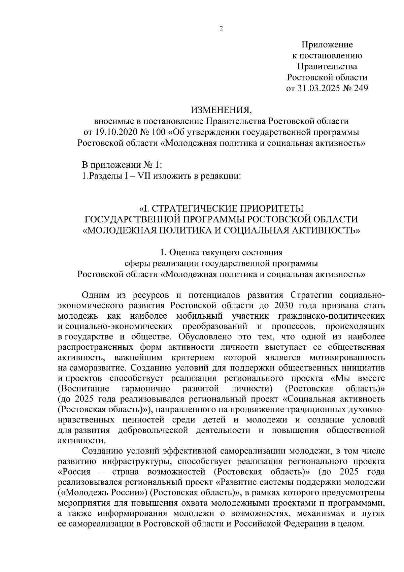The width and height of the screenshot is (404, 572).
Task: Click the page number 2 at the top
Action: pyautogui.click(x=221, y=29)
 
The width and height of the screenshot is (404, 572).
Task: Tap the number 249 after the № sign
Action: pyautogui.click(x=360, y=88)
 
